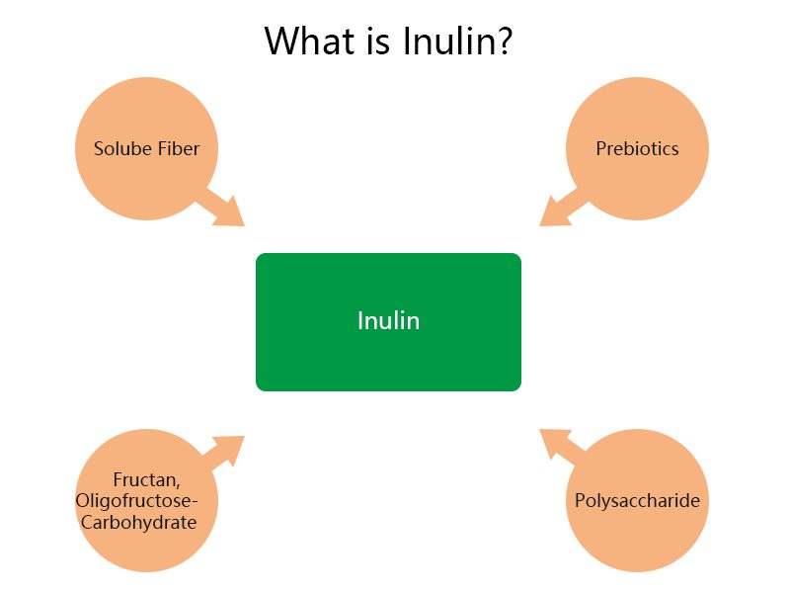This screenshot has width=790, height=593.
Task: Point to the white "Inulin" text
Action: [x=388, y=321]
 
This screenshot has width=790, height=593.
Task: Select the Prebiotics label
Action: [x=637, y=149]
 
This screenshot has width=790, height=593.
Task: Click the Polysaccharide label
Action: [x=637, y=501]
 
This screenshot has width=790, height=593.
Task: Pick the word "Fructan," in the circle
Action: [x=146, y=480]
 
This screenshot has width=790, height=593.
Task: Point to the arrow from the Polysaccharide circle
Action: [x=560, y=445]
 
